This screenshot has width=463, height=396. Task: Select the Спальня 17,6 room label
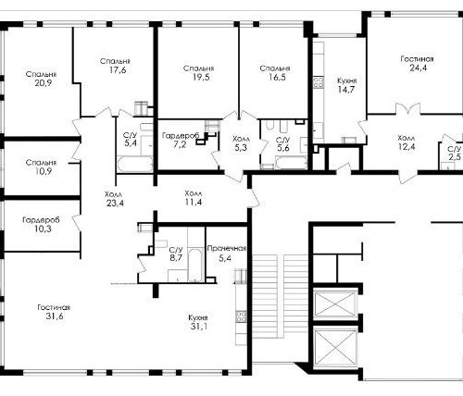point(115,66)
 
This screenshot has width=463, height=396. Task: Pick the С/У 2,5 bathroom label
point(454,154)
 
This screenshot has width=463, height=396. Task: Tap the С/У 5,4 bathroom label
point(131,140)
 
